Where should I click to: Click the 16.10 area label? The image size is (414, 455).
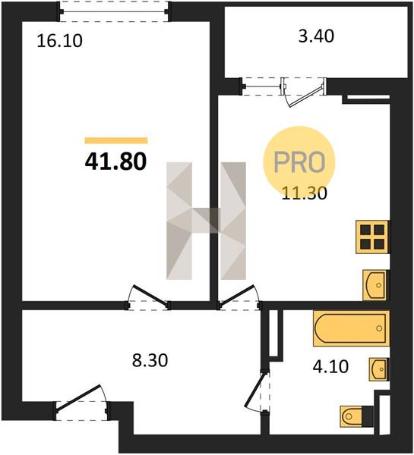coord(59,41)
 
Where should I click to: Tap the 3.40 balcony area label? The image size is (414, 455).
coord(316,36)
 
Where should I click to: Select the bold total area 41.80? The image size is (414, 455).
coord(115,162)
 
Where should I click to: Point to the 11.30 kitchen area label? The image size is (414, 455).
coord(305,193)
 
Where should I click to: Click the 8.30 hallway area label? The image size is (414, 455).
coord(150,360)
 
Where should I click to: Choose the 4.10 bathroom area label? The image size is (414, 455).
coord(330,366)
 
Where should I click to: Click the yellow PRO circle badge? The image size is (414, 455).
coord(299,162)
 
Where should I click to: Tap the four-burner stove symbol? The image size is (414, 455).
coord(372,237)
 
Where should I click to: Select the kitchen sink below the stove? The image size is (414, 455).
coord(375,285)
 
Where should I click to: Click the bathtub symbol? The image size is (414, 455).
coord(351,328)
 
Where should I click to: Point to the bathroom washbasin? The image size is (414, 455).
coord(378,369)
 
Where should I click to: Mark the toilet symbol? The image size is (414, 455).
coord(356,416)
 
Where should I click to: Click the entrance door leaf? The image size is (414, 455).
coord(78,398)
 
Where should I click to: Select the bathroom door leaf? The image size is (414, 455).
coord(255,391)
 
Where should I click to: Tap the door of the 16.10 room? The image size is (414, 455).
coord(150,296)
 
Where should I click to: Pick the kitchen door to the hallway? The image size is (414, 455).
coord(237,296)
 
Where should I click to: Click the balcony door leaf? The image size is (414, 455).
coord(306,96)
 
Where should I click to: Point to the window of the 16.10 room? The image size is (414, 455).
coord(114,11)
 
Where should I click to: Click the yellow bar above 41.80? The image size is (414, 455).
coord(116,141)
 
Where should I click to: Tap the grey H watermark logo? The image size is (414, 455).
coord(206,221)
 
